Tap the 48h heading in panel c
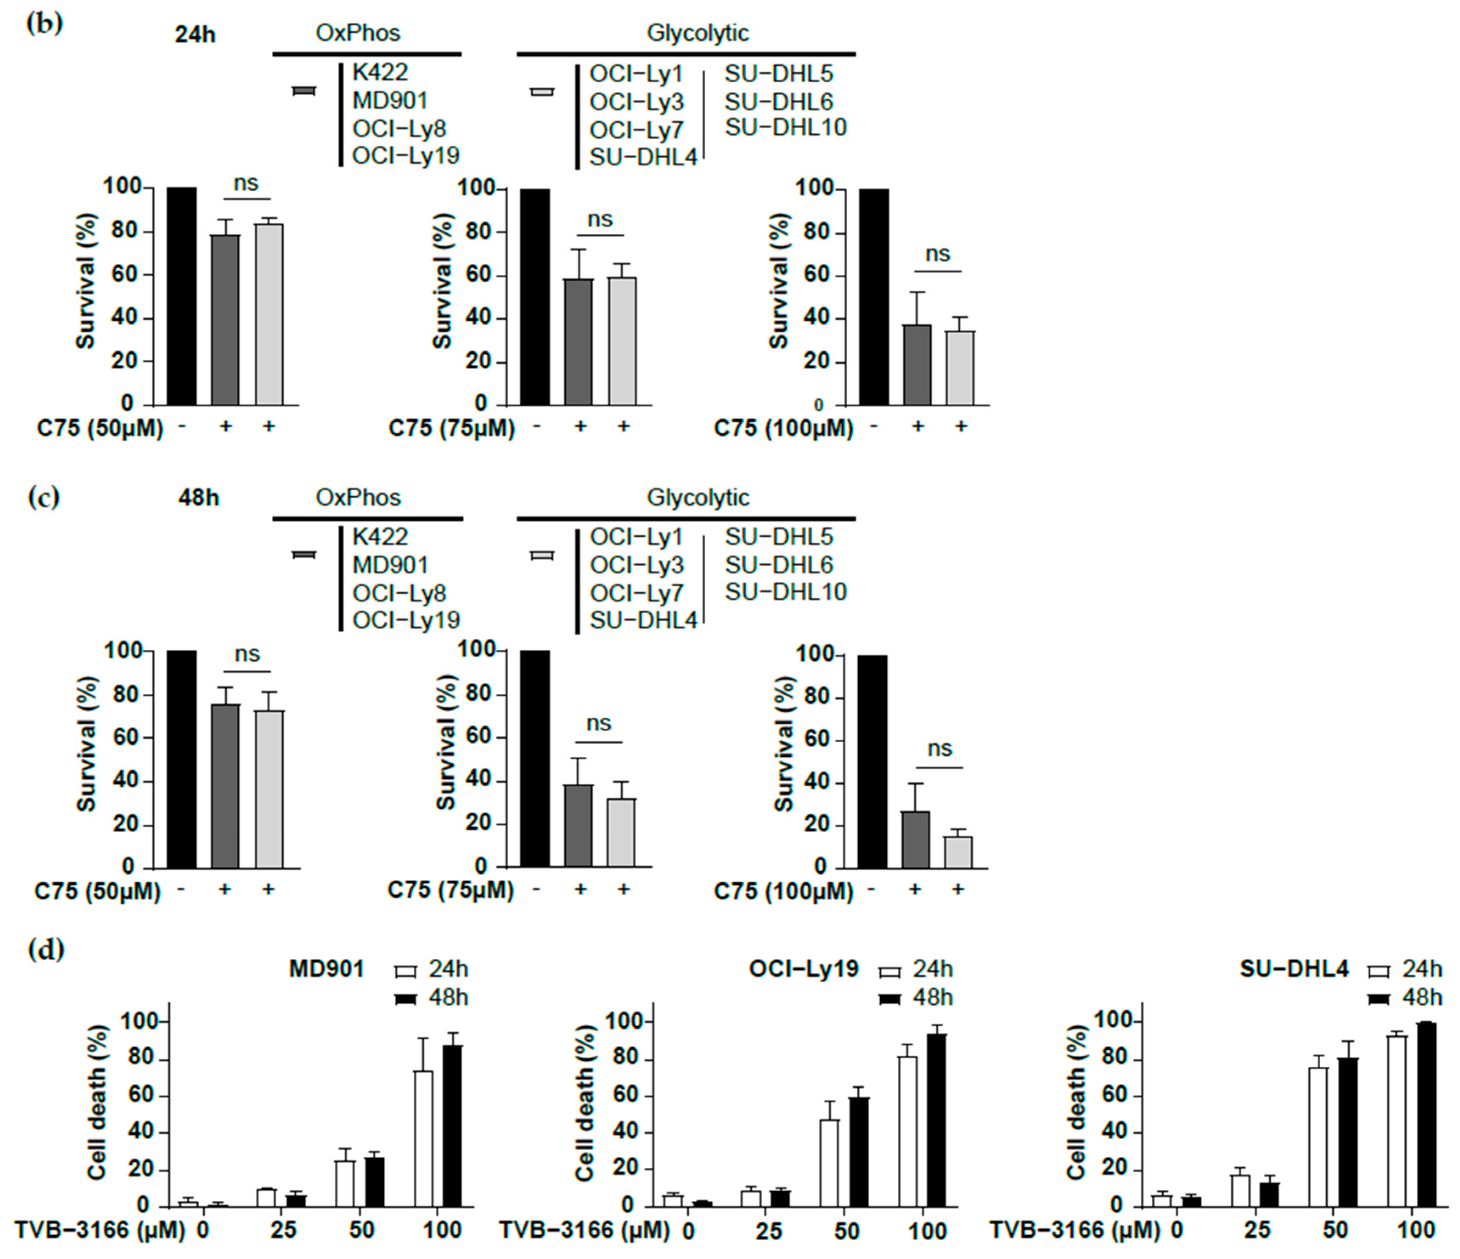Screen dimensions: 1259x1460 click(198, 498)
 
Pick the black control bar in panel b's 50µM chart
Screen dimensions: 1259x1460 click(181, 296)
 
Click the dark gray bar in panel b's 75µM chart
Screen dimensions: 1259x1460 click(578, 342)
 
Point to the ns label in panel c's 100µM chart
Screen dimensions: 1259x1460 click(939, 748)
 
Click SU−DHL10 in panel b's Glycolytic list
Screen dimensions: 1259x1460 click(785, 127)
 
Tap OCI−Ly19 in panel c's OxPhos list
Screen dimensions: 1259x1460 click(406, 620)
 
